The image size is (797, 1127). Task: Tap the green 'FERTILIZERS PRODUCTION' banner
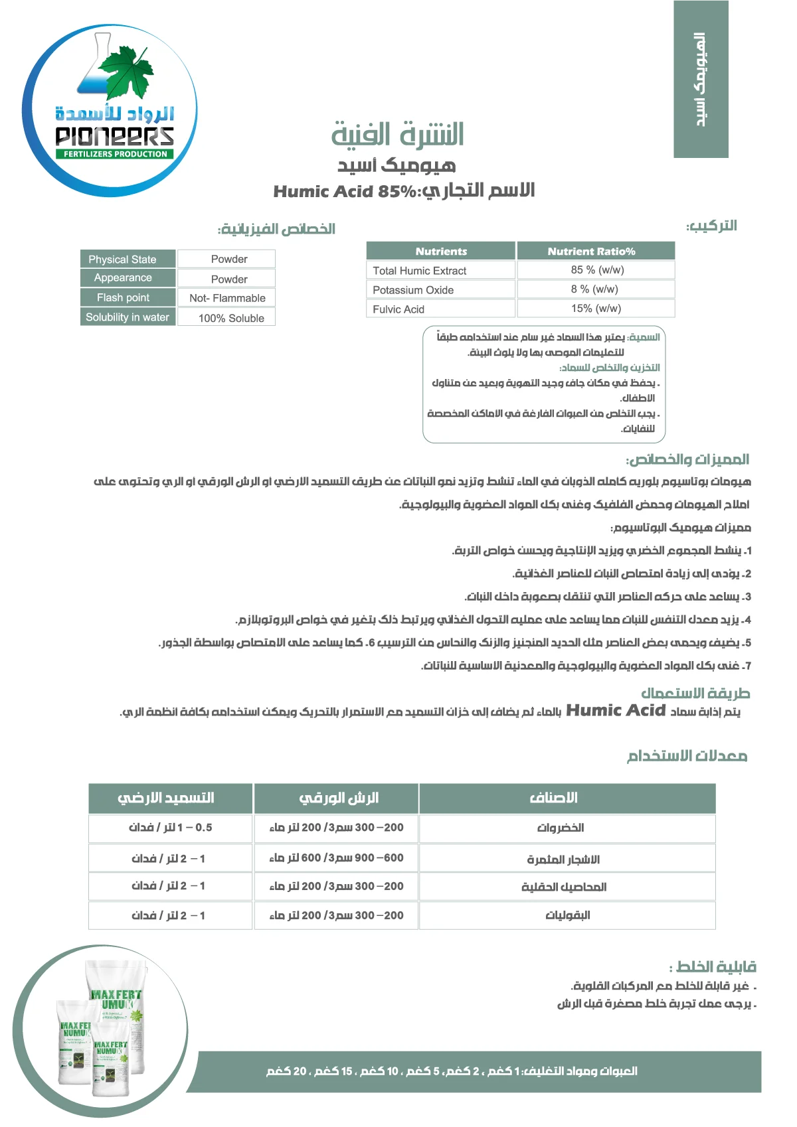pos(116,154)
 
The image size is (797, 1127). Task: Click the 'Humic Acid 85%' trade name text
pos(345,192)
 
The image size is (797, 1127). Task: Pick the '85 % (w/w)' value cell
pos(596,269)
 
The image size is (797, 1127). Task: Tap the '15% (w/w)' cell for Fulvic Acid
pos(596,308)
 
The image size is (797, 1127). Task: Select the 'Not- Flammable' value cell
pos(226,298)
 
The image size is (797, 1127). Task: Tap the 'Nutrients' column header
pos(440,251)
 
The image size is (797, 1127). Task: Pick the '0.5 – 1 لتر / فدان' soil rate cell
pos(170,828)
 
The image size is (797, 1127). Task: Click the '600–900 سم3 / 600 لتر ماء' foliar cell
pos(336,858)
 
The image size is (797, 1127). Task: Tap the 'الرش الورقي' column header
pos(336,798)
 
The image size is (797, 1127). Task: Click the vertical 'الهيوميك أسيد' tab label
pos(701,79)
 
